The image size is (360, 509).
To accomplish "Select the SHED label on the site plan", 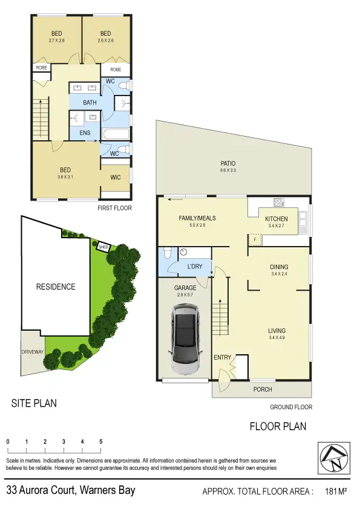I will tap(103, 246).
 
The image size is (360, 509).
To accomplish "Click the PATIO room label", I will tap(228, 163).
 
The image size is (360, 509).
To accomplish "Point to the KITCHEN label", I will tap(276, 219).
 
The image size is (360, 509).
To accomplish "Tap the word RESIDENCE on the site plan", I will tap(55, 287).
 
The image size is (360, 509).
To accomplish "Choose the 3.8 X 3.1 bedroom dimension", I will tap(65, 178).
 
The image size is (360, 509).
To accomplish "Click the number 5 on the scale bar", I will tap(100, 442).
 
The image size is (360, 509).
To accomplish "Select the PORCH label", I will tap(262, 389).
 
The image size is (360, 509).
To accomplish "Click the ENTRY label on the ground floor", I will tap(222, 358).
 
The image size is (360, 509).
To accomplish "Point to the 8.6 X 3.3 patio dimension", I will tap(228, 171).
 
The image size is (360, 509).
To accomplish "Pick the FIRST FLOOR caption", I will tap(114, 208).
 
